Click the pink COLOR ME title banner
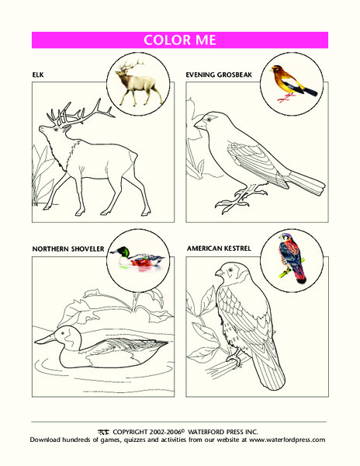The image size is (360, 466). (x=180, y=40)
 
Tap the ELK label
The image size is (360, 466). (x=38, y=75)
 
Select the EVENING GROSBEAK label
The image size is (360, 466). (x=219, y=75)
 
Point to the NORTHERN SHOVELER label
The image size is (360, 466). (x=68, y=249)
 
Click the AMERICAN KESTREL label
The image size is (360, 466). (x=219, y=249)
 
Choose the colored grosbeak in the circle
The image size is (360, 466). (x=293, y=83)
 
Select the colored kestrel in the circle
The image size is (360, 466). (x=292, y=258)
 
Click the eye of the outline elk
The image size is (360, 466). (x=56, y=129)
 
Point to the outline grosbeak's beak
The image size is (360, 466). (x=199, y=124)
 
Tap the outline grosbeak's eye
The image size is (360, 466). (x=209, y=119)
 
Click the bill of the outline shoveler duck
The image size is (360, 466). (x=45, y=339)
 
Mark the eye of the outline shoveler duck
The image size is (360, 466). (x=63, y=332)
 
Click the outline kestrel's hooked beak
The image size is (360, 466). (x=219, y=273)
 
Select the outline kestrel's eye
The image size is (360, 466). (x=230, y=270)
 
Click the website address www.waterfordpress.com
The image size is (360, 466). (x=287, y=440)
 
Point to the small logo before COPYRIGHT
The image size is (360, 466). (x=103, y=432)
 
